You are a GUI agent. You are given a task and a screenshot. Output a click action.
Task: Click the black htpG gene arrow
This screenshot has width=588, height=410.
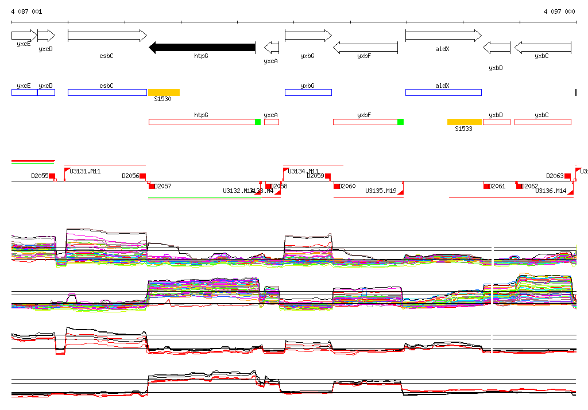[x=202, y=47]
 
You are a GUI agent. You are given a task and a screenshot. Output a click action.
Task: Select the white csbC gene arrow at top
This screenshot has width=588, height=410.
[x=107, y=36]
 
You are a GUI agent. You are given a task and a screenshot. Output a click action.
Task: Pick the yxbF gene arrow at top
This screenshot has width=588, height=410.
[x=365, y=47]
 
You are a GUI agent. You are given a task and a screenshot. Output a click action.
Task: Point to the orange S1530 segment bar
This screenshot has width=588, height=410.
[x=164, y=92]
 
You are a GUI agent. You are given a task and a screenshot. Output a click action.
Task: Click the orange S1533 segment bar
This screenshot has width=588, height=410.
[x=464, y=122]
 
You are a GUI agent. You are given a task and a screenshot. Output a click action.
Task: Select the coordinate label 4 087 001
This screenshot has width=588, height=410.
[x=26, y=11]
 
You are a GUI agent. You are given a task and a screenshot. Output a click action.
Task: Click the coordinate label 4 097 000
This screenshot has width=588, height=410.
[x=559, y=11]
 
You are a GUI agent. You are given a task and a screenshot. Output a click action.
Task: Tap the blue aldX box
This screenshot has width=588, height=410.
[x=443, y=92]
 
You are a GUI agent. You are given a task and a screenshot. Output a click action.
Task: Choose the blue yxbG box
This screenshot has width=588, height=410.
[x=308, y=92]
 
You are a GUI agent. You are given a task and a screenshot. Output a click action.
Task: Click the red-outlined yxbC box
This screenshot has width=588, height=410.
[x=543, y=122]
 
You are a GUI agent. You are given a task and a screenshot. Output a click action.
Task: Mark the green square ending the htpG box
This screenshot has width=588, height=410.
[x=258, y=122]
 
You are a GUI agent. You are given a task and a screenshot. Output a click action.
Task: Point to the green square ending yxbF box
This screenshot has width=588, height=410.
[x=400, y=122]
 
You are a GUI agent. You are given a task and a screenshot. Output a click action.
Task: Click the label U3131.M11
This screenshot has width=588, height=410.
[x=85, y=171]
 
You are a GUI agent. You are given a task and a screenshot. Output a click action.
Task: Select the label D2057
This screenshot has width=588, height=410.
[x=163, y=186]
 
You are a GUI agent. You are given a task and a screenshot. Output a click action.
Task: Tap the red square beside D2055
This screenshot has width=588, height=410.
[x=52, y=176]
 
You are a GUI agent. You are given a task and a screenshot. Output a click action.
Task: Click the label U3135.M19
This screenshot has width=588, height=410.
[x=381, y=191]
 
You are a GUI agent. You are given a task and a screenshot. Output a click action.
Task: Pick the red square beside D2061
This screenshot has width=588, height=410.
[x=486, y=186]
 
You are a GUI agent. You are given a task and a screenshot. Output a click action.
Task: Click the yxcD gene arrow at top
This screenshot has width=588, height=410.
[x=46, y=36]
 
